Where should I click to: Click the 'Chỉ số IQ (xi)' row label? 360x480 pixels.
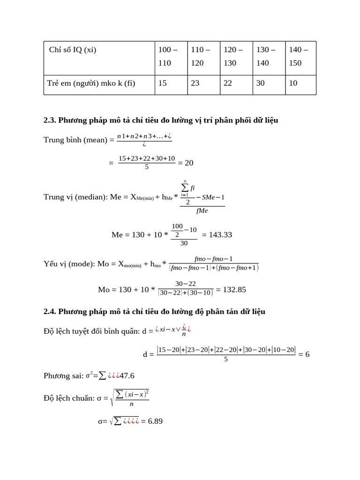coord(73,50)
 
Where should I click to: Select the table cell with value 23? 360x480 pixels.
coord(195,83)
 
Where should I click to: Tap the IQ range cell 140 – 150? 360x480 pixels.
coord(295,56)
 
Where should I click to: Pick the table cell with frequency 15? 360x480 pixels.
coord(163,83)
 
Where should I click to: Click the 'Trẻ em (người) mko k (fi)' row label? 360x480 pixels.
coord(91,83)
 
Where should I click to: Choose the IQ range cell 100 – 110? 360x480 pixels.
coord(168,56)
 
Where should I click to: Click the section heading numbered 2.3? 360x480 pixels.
coord(161,120)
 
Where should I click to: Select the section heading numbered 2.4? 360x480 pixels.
coord(154,311)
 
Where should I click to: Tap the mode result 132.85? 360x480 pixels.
coord(234,289)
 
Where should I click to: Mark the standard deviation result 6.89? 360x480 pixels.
coord(155,421)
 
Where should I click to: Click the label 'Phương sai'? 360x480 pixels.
coord(63,375)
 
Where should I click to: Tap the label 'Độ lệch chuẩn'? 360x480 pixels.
coord(69,398)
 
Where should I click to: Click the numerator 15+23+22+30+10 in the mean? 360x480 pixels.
coord(147,158)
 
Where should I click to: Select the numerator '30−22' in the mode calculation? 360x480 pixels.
coord(186,284)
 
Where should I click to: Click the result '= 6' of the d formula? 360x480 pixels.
coord(304,354)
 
